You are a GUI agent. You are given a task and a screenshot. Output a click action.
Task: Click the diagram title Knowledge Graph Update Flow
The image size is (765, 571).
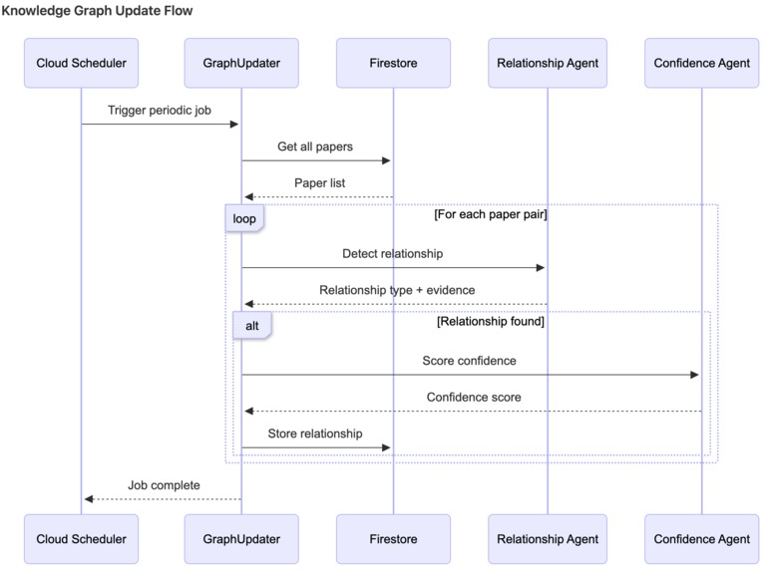point(97,11)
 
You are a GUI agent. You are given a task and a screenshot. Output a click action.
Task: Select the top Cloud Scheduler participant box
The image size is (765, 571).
point(81,63)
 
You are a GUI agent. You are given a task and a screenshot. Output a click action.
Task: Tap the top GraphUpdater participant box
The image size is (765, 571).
point(240,63)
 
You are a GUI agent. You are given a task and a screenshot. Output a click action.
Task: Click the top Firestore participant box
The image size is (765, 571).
point(393,63)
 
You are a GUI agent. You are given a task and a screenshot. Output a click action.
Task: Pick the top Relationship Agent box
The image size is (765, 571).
point(548,63)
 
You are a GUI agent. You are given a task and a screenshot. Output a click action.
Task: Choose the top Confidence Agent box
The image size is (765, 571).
point(701,63)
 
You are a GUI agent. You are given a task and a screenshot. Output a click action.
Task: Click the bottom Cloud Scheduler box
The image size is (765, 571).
point(81,539)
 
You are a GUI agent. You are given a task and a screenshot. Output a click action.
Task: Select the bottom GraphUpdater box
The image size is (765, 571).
point(240,539)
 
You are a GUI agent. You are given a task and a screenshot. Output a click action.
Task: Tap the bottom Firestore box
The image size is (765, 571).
point(393,539)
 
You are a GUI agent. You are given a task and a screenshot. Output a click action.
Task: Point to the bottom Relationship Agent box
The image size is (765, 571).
point(548,539)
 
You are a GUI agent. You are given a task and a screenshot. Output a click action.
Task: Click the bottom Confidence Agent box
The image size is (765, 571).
point(701,539)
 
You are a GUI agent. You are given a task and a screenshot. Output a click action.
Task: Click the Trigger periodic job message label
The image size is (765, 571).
point(161,111)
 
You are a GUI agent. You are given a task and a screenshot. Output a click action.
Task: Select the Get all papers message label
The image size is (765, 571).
point(315,146)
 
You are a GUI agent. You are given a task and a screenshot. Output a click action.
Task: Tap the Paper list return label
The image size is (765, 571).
point(319,183)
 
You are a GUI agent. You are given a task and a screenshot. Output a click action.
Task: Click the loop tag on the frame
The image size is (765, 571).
point(243,218)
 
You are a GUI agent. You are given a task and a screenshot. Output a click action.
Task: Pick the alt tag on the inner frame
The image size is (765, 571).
point(251,326)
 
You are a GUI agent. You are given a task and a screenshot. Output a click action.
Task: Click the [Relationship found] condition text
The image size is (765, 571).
point(490,322)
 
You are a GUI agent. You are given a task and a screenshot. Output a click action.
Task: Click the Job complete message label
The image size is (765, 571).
point(164,485)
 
